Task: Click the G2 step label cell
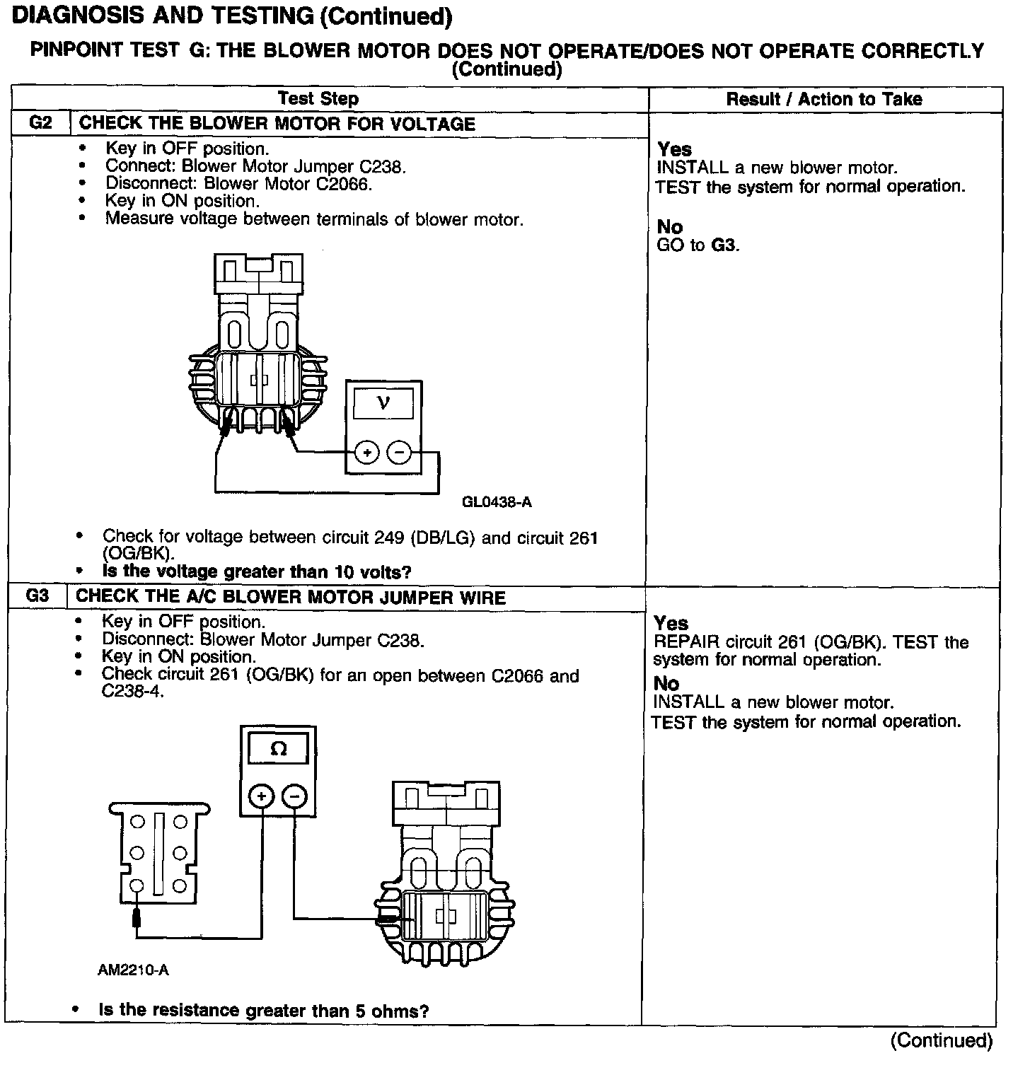point(41,123)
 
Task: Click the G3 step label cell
point(37,596)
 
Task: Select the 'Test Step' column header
point(318,99)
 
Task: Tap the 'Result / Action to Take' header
point(824,99)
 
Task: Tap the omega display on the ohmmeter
point(279,749)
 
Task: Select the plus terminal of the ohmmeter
point(262,796)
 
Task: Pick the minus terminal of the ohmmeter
point(294,796)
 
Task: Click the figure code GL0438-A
point(497,503)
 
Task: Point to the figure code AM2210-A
point(133,970)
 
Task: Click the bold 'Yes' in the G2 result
point(674,149)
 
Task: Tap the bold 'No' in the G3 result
point(666,683)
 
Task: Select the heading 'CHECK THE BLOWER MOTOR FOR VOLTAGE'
point(277,124)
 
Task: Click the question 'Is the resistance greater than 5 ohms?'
point(264,1011)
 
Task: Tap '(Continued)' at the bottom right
point(942,1040)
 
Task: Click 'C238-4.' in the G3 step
point(133,692)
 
